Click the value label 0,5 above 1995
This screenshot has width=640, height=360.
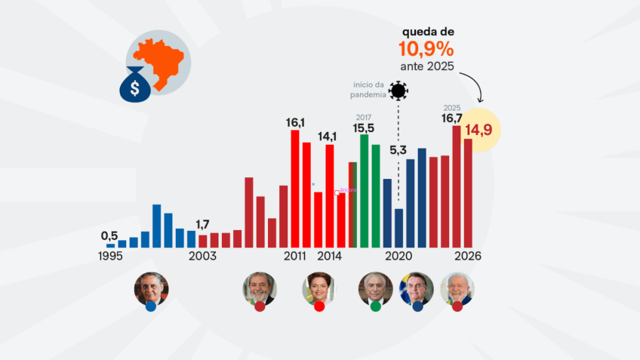coord(109,235)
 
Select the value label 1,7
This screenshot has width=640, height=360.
coord(202,225)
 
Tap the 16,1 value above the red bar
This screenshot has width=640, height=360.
coord(295,122)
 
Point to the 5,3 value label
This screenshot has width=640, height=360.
coord(398,150)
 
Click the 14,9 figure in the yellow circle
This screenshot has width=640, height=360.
coord(478,130)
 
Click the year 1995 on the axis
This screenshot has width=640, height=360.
coord(110,257)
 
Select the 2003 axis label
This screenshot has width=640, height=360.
coord(202,257)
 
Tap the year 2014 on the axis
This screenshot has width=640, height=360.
coord(329,257)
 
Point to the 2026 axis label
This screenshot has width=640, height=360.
coord(468,257)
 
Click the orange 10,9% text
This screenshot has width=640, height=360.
coord(427,50)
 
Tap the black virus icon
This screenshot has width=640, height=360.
coord(398,92)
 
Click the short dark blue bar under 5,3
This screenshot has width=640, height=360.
coord(398,228)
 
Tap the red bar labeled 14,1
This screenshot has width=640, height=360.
coord(329,195)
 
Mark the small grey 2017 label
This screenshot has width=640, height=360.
coord(364,118)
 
